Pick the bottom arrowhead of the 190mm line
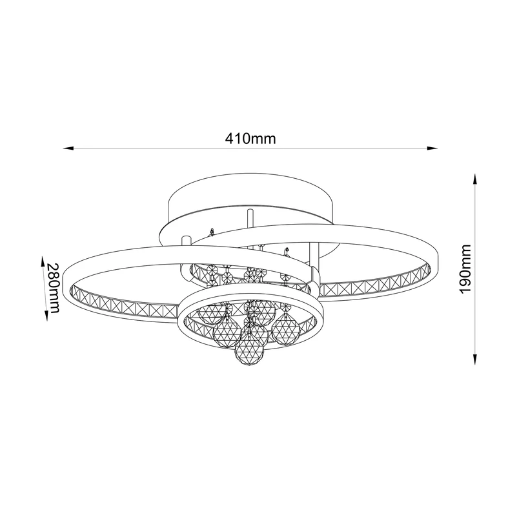(476, 361)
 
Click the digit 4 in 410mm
(229, 138)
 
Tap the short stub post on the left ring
(187, 242)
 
